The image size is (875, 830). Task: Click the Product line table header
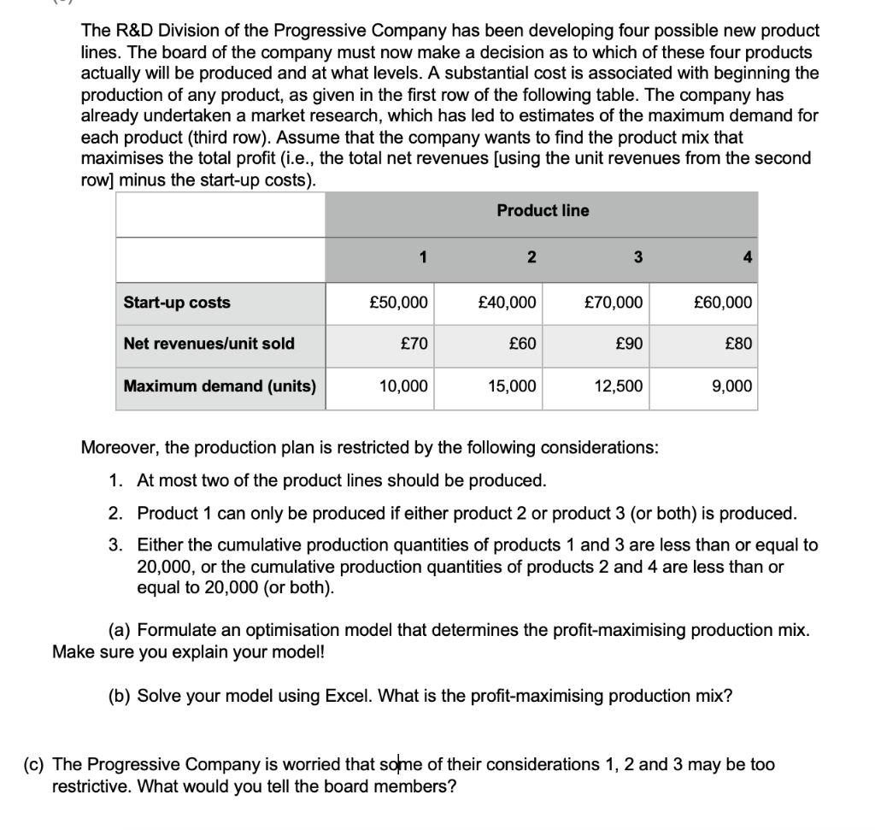point(543,210)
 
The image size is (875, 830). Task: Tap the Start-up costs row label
point(177,303)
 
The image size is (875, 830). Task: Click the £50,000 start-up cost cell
point(398,303)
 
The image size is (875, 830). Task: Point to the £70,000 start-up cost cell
point(614,303)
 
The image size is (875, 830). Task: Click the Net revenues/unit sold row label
point(208,344)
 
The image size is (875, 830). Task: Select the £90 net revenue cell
point(630,344)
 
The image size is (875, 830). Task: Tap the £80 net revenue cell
point(738,344)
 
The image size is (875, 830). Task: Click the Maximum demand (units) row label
point(220,386)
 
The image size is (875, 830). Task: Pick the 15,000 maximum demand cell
point(512,386)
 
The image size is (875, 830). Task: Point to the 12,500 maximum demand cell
point(619,386)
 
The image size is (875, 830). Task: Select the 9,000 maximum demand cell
point(732,386)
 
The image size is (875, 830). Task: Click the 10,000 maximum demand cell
point(403,386)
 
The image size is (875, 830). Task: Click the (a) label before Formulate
point(120,631)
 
